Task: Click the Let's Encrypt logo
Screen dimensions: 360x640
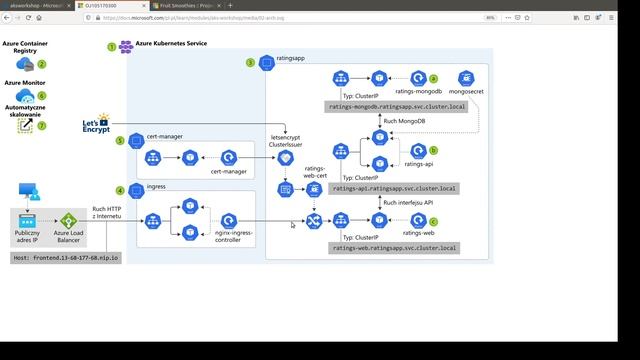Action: [x=97, y=126]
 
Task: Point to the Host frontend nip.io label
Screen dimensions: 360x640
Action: [x=67, y=257]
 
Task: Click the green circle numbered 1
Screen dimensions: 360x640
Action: [x=111, y=47]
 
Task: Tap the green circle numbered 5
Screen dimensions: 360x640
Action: [x=120, y=140]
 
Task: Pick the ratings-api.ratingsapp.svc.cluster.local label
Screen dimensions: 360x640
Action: [x=393, y=188]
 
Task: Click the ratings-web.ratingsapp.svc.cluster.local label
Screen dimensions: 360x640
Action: [x=393, y=247]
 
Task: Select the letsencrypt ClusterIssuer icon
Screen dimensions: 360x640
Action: [x=286, y=158]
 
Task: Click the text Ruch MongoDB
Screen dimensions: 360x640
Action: [x=403, y=120]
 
